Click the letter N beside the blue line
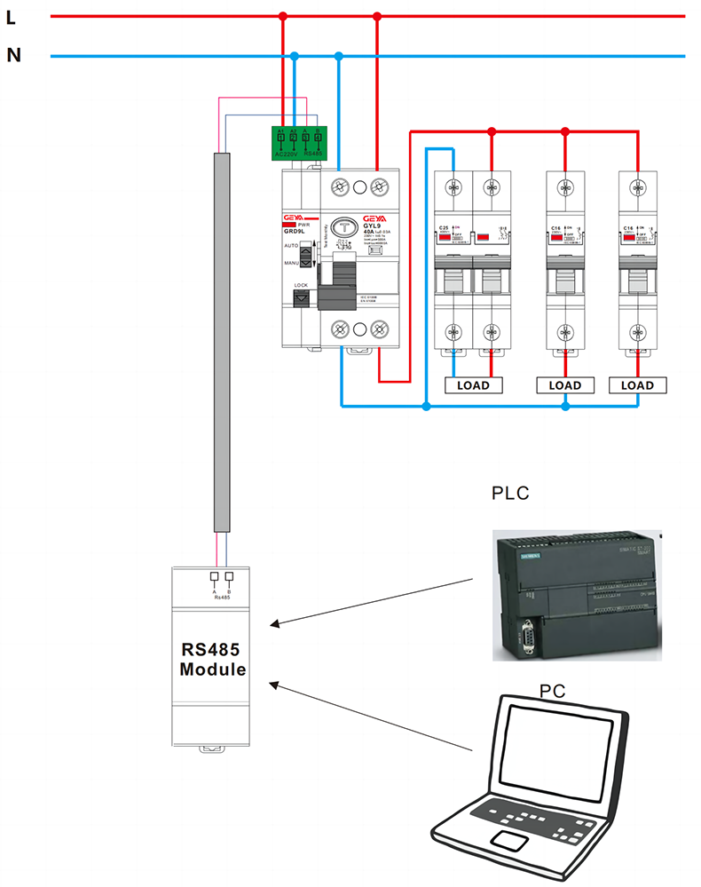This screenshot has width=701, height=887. [13, 55]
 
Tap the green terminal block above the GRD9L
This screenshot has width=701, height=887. [299, 143]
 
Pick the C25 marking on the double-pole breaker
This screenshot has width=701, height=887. [444, 229]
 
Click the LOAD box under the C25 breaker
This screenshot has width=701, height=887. [472, 385]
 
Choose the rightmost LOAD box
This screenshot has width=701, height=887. [637, 385]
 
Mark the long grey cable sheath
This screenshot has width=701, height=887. [221, 342]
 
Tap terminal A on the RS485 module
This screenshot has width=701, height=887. [213, 576]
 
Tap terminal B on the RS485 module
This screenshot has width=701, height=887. [229, 576]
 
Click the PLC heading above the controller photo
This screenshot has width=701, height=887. [510, 493]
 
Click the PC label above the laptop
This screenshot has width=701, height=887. [552, 690]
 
